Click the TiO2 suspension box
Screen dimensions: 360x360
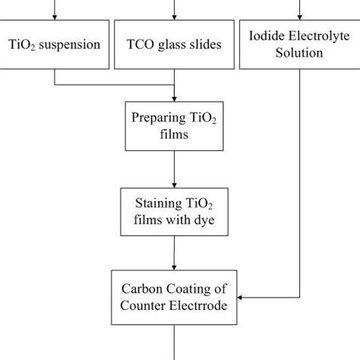point(55,45)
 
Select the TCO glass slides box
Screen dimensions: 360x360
point(175,45)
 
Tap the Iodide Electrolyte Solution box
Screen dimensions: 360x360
point(300,45)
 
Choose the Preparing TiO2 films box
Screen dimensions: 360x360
point(175,126)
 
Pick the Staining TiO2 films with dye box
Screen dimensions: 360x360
point(175,213)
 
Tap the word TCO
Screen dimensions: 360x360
point(143,45)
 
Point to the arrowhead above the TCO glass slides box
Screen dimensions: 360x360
point(175,14)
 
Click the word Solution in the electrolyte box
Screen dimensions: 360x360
point(300,54)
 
